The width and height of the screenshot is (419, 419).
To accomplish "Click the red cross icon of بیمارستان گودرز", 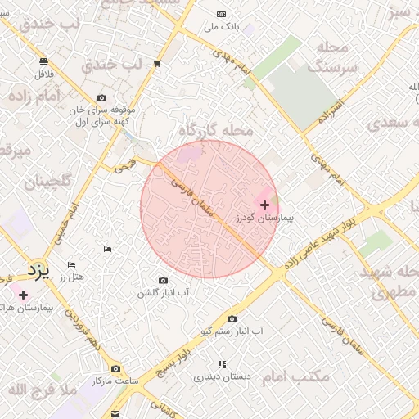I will click(264, 205).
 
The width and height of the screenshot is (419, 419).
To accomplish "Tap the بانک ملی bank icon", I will click(221, 15).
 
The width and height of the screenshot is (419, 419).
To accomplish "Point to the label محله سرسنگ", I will click(333, 56).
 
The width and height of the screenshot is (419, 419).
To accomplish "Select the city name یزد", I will click(38, 269).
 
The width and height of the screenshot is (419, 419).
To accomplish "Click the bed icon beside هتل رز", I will click(71, 264).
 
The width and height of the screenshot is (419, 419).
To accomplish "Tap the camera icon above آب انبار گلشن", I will click(162, 281).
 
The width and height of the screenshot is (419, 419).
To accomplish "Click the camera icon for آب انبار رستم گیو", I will click(232, 318).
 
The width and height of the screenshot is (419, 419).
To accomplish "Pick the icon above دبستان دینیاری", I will click(220, 364).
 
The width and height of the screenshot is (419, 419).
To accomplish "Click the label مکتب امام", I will click(298, 376).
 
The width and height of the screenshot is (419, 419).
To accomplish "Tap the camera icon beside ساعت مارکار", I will click(115, 369).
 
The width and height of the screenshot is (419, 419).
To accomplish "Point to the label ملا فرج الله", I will click(42, 390).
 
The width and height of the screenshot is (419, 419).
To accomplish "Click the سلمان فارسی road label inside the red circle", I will click(193, 196).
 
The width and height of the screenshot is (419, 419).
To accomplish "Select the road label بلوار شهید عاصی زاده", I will click(320, 243).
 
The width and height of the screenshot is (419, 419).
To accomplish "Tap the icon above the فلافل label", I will click(43, 61).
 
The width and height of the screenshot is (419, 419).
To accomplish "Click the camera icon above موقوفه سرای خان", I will click(101, 97).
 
